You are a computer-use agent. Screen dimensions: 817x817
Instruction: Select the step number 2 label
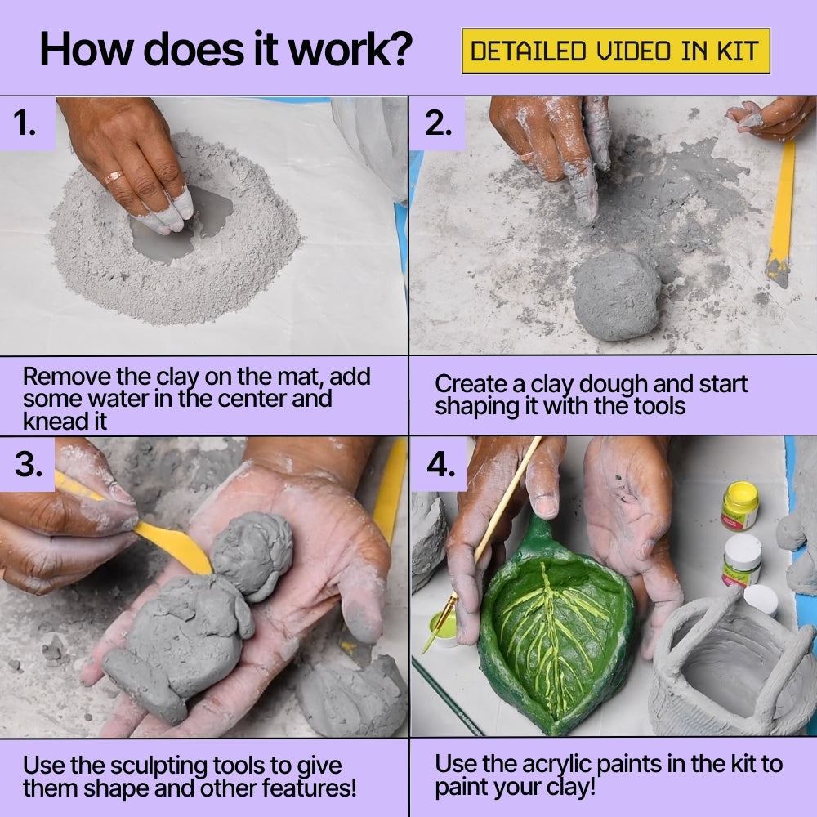439,123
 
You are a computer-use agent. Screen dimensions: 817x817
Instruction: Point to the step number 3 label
29,463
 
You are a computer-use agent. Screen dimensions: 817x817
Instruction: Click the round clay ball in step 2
617,295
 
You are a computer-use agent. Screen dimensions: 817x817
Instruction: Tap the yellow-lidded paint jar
739,506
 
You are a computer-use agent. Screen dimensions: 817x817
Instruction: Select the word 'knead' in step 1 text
55,422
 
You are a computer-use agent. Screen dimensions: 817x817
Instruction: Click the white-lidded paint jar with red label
742,560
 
